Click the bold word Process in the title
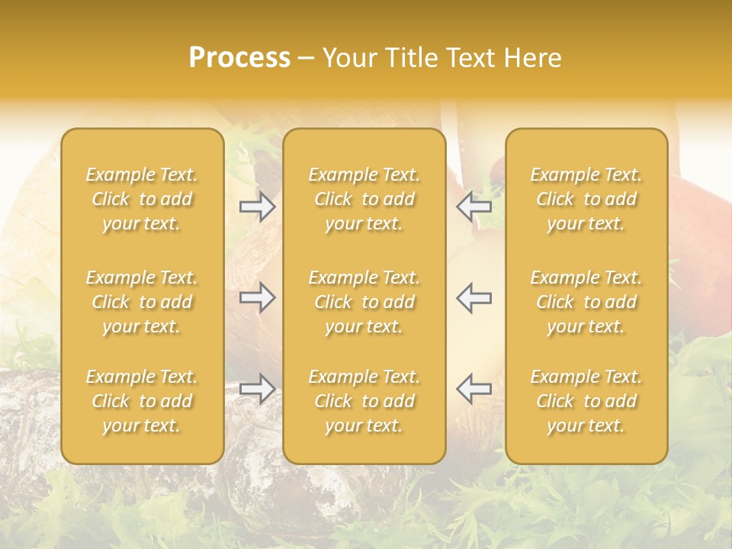tap(239, 58)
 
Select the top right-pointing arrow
tap(258, 207)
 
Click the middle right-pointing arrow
tap(258, 297)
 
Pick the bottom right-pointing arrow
tap(258, 388)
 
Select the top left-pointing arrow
tap(474, 207)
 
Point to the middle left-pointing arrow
tap(474, 297)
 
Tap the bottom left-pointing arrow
tap(474, 388)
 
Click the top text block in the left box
tap(142, 199)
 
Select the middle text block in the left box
tap(142, 302)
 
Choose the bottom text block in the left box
tap(142, 401)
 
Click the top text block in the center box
tap(364, 199)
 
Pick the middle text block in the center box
tap(364, 302)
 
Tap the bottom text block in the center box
tap(364, 401)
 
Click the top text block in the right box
tap(586, 199)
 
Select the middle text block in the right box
tap(586, 302)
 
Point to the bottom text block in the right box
tap(586, 401)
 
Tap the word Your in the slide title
tap(349, 58)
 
